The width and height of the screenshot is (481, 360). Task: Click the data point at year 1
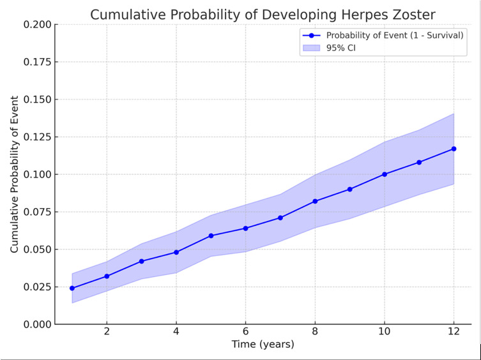pos(72,289)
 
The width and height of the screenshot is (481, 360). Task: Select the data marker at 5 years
pos(211,236)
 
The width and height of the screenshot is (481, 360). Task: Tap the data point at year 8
pos(315,201)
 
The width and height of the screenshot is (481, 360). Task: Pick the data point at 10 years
pos(385,174)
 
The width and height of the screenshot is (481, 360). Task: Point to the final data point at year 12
pos(454,149)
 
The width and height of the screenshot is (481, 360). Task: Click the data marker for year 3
pos(141,261)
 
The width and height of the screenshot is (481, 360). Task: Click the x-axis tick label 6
pos(245,331)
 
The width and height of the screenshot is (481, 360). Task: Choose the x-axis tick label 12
pos(454,331)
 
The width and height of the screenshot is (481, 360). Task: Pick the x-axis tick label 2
pos(107,331)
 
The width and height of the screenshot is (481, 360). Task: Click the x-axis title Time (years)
pos(263,344)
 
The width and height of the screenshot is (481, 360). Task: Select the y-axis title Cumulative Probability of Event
pos(14,174)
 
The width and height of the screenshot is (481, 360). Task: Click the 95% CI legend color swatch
pos(311,48)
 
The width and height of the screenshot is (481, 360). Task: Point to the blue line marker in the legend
pos(311,36)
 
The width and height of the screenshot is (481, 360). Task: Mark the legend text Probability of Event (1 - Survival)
pos(395,36)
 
